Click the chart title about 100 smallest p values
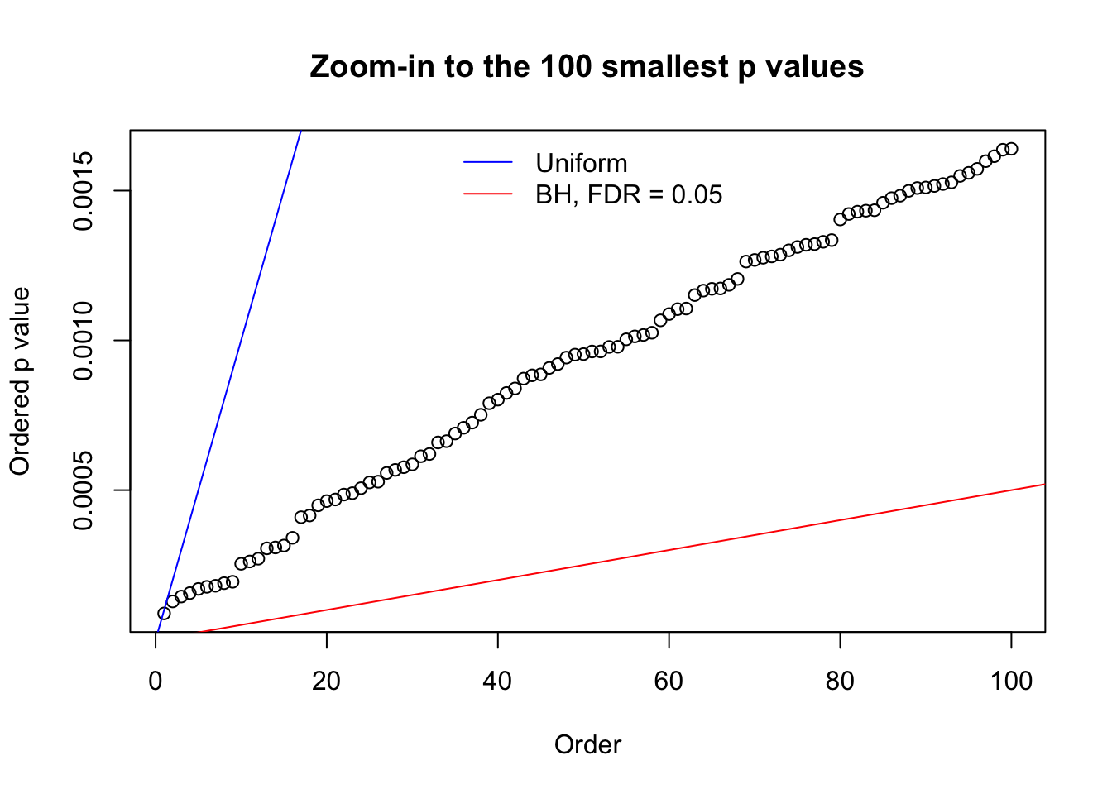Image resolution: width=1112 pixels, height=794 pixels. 587,66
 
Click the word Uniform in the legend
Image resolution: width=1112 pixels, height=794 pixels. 581,163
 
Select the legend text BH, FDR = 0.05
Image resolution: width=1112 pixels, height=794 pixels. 629,194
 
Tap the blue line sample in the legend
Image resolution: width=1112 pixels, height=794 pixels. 488,163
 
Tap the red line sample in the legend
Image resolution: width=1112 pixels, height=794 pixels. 488,194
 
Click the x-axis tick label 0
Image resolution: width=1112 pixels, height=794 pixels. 156,682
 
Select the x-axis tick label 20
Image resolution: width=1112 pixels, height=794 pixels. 327,682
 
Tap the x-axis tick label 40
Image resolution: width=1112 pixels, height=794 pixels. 498,682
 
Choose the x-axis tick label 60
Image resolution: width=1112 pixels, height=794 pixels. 669,682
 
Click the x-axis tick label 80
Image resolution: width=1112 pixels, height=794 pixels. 840,682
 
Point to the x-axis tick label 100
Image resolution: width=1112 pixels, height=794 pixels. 1011,682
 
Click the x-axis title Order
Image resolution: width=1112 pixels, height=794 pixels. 587,744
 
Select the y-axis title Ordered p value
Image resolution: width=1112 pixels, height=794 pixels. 20,381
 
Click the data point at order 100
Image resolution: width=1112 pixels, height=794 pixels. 1011,149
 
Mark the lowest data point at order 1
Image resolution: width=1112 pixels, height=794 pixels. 164,613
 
